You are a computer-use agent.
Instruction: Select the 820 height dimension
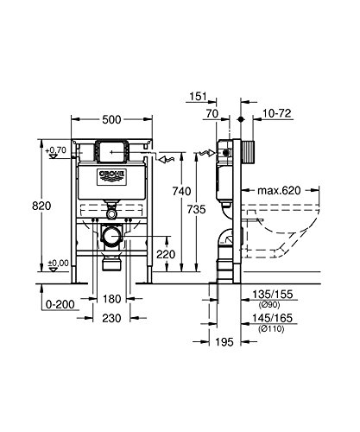[31, 207]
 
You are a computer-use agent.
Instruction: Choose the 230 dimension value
[110, 318]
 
